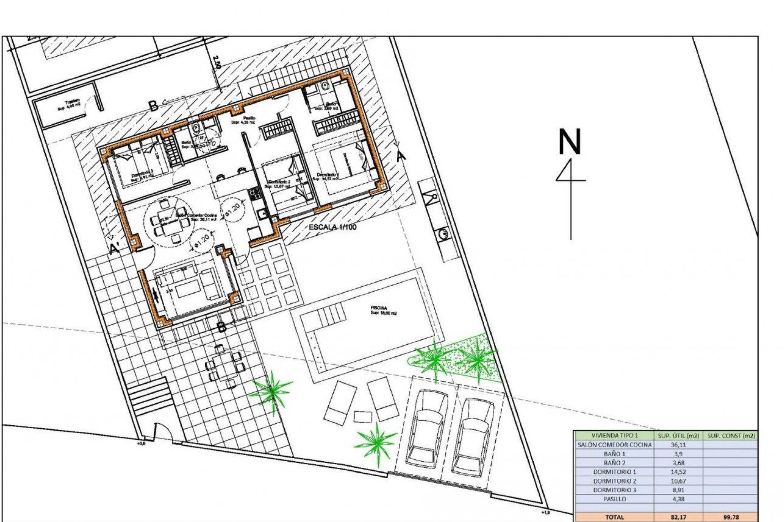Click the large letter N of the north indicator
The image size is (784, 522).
[x=569, y=142]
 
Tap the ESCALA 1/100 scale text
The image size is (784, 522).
[x=332, y=227]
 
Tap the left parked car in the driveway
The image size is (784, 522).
[x=427, y=428]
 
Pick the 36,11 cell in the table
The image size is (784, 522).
[x=678, y=445]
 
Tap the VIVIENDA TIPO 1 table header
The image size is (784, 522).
[x=614, y=436]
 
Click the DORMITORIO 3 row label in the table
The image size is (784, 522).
[x=614, y=490]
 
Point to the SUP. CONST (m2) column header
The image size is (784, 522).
[x=731, y=436]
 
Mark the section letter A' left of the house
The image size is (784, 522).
[x=115, y=248]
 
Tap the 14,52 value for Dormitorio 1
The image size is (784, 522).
[x=678, y=472]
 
